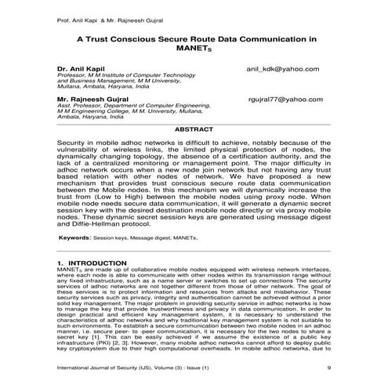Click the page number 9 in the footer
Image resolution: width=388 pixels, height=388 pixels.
(328, 368)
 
